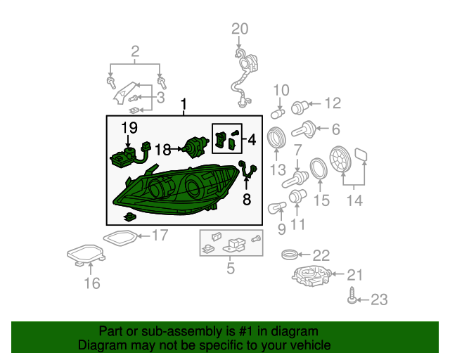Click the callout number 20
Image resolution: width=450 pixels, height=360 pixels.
[240, 29]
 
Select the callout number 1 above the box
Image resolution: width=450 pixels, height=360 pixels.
[184, 105]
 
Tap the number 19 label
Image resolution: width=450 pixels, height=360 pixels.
[128, 127]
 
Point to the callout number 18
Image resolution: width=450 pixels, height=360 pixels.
[162, 149]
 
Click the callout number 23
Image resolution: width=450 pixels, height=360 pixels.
[378, 300]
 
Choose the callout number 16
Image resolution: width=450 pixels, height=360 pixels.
[92, 283]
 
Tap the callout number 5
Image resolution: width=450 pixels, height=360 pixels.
[230, 267]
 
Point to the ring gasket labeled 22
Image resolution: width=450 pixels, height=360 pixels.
[290, 254]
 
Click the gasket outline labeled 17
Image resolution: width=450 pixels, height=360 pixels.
[120, 237]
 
